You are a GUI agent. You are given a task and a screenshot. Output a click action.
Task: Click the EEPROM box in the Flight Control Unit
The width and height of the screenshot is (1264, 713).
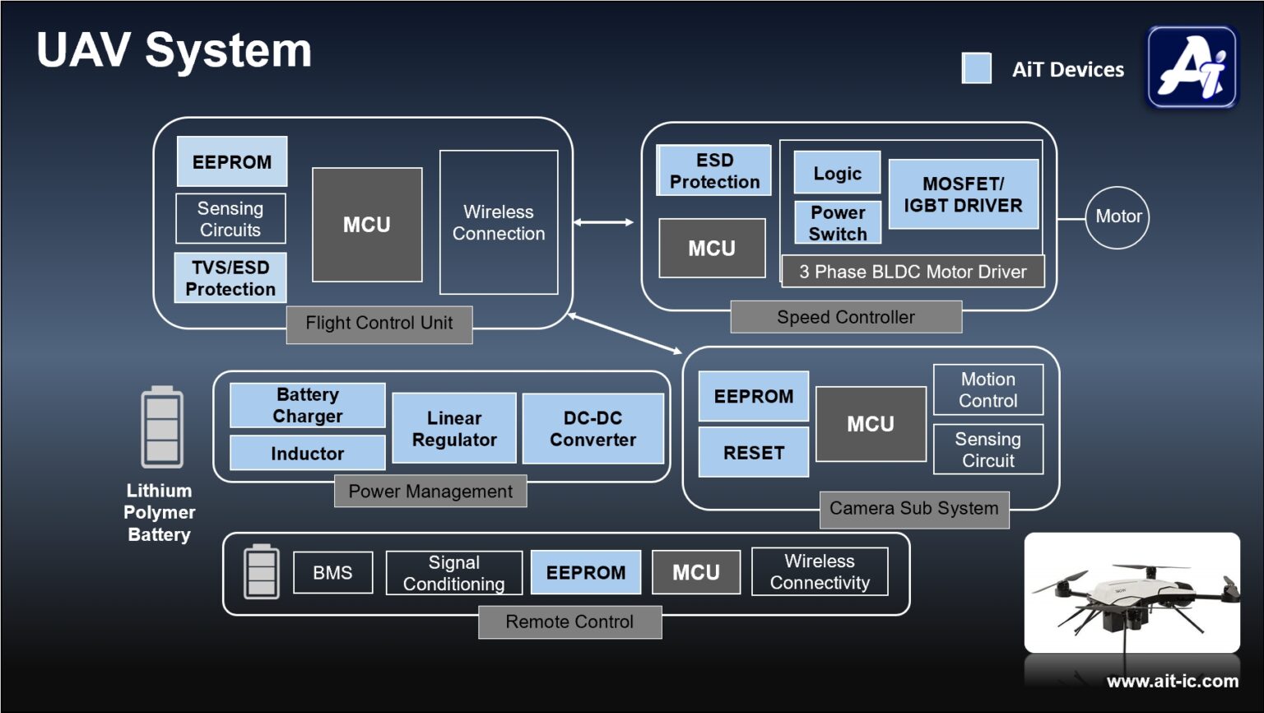point(232,161)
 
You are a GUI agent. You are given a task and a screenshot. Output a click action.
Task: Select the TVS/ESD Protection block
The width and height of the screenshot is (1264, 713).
point(230,278)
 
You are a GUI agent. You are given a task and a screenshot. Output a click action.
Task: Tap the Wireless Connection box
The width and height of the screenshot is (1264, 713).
point(499,222)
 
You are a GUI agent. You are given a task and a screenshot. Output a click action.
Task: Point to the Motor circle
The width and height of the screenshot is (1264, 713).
point(1118,217)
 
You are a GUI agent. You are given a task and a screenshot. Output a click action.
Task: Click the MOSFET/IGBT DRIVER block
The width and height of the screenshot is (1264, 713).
point(963,194)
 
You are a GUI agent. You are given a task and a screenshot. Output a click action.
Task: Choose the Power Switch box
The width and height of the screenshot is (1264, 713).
point(838,223)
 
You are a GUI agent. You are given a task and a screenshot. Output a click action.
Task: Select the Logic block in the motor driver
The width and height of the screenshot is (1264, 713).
point(837,173)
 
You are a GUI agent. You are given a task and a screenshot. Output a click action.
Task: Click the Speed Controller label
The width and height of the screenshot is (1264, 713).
point(846,317)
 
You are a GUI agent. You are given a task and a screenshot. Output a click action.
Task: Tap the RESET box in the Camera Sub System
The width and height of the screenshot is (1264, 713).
point(754,452)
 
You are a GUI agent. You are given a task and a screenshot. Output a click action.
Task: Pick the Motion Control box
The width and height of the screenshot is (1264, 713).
point(988,389)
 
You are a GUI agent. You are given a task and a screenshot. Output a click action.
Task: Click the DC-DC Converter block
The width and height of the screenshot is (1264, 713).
point(592,428)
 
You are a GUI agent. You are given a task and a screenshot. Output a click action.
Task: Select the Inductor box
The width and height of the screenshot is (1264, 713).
point(307,453)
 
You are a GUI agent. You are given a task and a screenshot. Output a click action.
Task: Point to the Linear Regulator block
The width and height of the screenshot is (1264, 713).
point(454,428)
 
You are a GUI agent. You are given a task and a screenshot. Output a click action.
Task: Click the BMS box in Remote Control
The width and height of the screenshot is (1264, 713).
point(332,572)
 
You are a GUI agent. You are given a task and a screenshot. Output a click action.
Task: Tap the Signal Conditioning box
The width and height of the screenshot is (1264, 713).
point(453,573)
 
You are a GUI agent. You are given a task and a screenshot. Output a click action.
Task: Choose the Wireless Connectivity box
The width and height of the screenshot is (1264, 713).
point(820,571)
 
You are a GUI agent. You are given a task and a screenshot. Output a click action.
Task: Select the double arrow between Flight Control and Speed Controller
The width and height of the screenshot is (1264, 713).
point(603,222)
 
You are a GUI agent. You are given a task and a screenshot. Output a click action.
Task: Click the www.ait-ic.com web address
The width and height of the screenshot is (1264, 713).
point(1172,681)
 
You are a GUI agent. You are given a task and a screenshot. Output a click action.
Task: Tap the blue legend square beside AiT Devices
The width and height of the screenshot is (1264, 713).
point(977,68)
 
